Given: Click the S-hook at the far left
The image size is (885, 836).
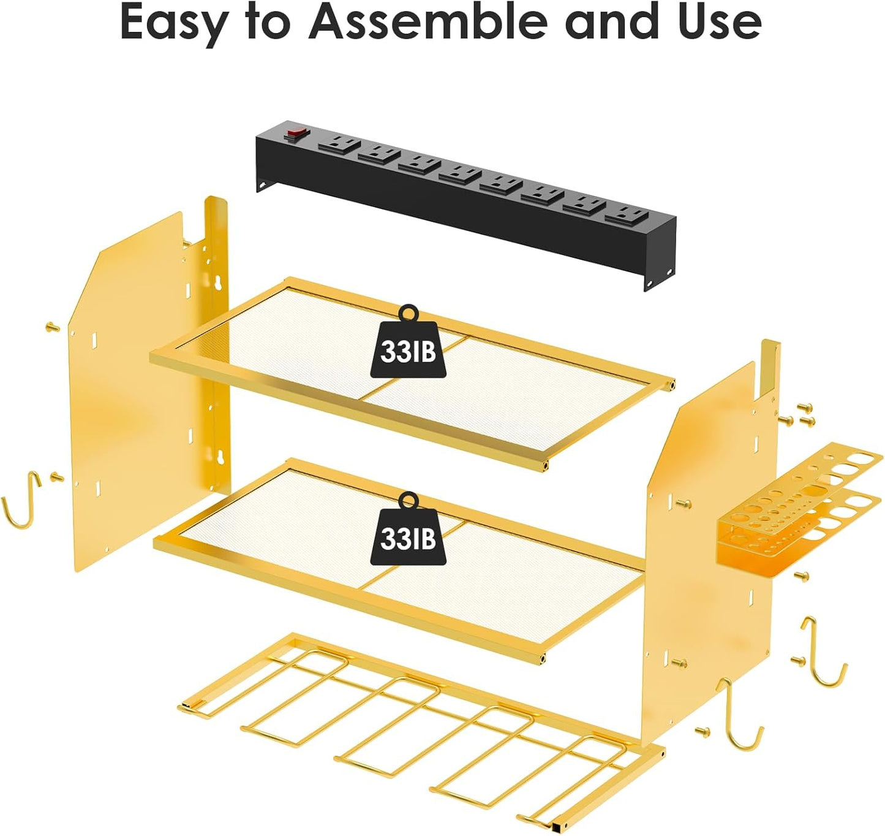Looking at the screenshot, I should click(21, 501).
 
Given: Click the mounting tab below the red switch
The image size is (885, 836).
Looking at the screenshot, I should click(265, 184).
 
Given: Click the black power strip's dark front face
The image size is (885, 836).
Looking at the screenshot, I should click(465, 227).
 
